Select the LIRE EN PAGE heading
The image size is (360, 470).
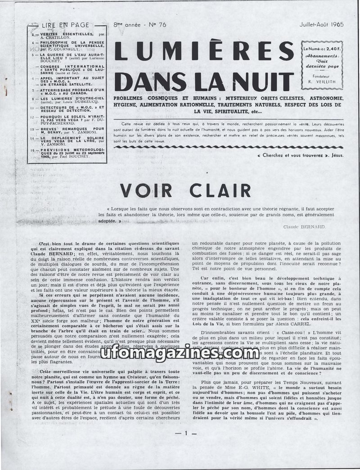click(x=65, y=25)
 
